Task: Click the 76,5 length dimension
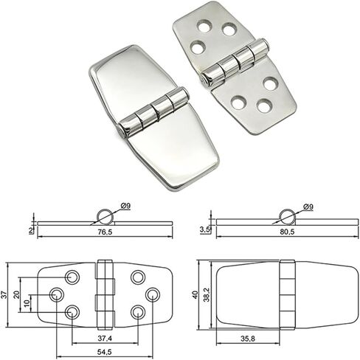tap(105, 232)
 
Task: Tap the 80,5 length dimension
tap(287, 232)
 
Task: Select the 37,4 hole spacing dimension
tap(105, 339)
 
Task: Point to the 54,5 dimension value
tap(105, 352)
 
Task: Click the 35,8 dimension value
tap(248, 339)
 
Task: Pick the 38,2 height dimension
tap(207, 295)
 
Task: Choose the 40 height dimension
tap(195, 294)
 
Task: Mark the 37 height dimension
tap(4, 294)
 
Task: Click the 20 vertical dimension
tap(16, 294)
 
